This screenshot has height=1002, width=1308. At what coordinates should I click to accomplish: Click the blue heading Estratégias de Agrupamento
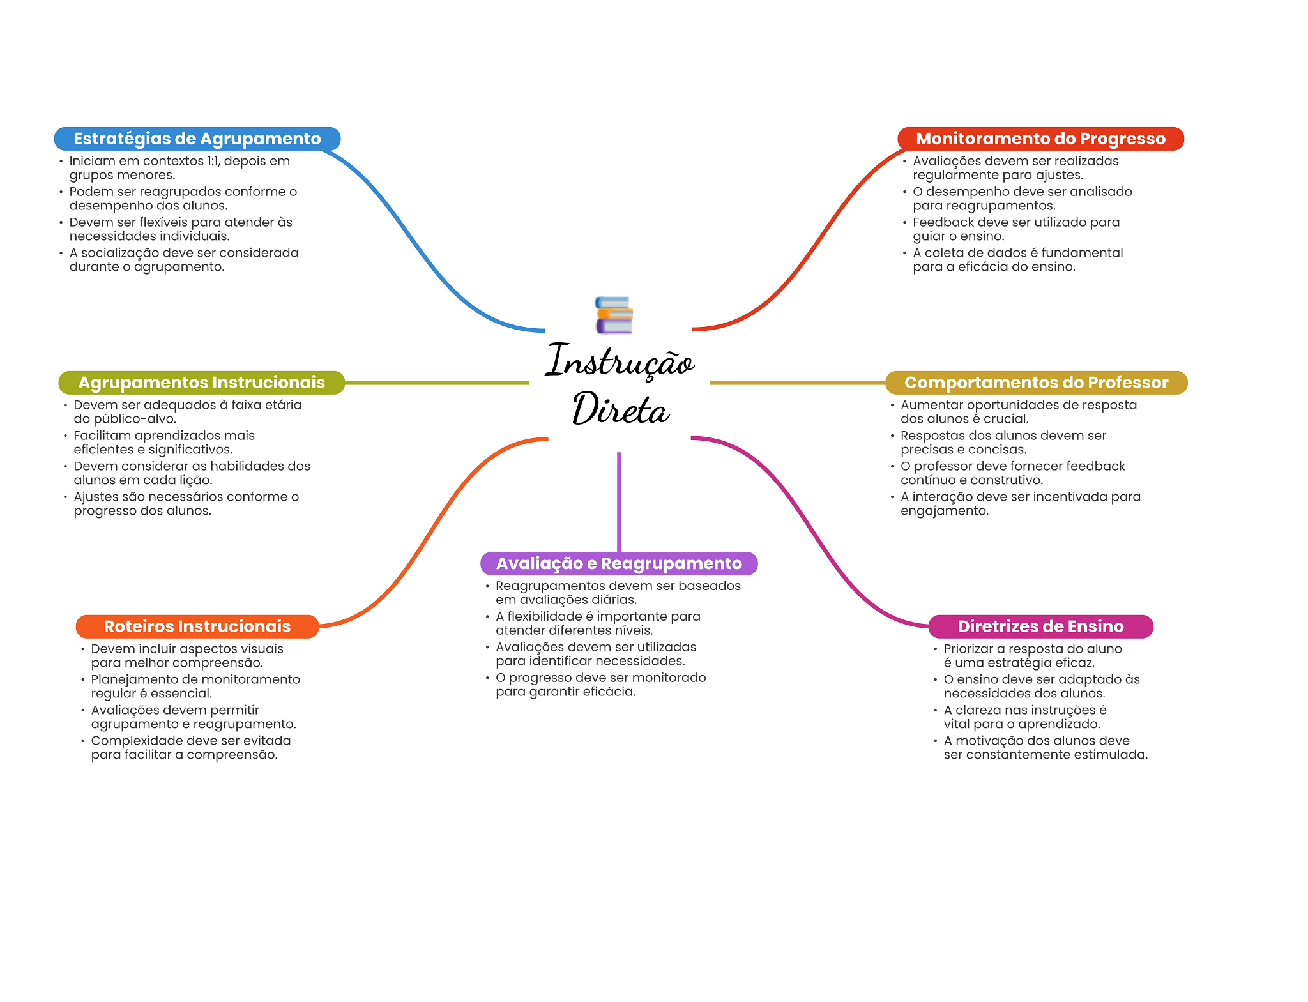[x=197, y=139]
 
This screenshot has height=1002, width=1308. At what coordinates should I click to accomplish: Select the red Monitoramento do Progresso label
[x=1040, y=139]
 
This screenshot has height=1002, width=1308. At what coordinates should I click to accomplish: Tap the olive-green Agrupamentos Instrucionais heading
[x=201, y=383]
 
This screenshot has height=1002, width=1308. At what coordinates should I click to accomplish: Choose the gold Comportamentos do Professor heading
[x=1036, y=383]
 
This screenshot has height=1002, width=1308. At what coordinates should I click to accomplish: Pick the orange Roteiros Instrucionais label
[x=197, y=626]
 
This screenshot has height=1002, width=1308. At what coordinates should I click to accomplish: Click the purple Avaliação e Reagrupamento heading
[x=619, y=563]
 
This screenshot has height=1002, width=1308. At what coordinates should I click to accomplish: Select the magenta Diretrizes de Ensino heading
[x=1040, y=626]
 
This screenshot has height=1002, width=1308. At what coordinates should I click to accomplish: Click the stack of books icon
[x=614, y=315]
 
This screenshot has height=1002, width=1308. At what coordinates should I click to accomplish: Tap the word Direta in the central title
[x=620, y=409]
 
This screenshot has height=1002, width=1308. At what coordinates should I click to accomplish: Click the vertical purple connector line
[x=619, y=501]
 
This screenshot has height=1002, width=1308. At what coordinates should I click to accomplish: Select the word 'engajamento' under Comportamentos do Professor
[x=944, y=511]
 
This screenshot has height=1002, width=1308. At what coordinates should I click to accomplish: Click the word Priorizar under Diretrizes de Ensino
[x=968, y=649]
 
